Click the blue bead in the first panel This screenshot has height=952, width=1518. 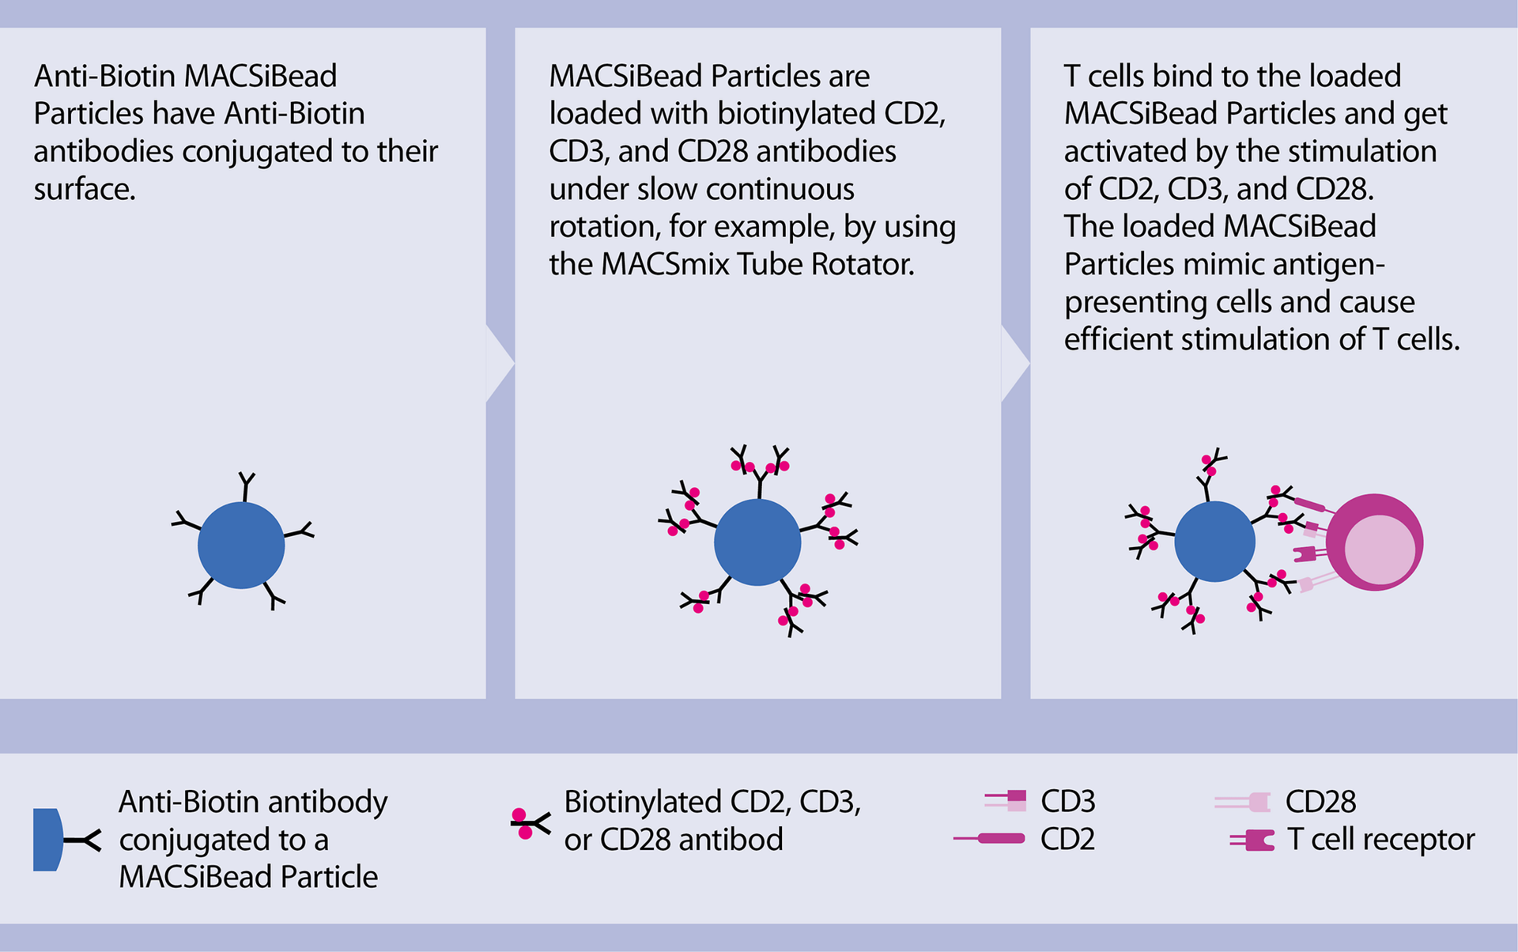(x=241, y=546)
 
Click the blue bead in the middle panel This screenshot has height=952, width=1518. (x=757, y=542)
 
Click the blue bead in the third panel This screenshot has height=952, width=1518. (x=1214, y=542)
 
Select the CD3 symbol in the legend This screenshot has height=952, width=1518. (x=1006, y=800)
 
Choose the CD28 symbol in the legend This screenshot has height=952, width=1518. (x=1244, y=803)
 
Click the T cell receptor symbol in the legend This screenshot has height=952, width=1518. (x=1253, y=840)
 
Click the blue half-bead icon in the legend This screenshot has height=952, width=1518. (x=47, y=840)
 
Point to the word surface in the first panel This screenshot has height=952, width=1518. (x=84, y=189)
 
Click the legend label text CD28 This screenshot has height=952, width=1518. (x=1320, y=802)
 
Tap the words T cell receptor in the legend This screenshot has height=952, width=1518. (x=1380, y=839)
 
